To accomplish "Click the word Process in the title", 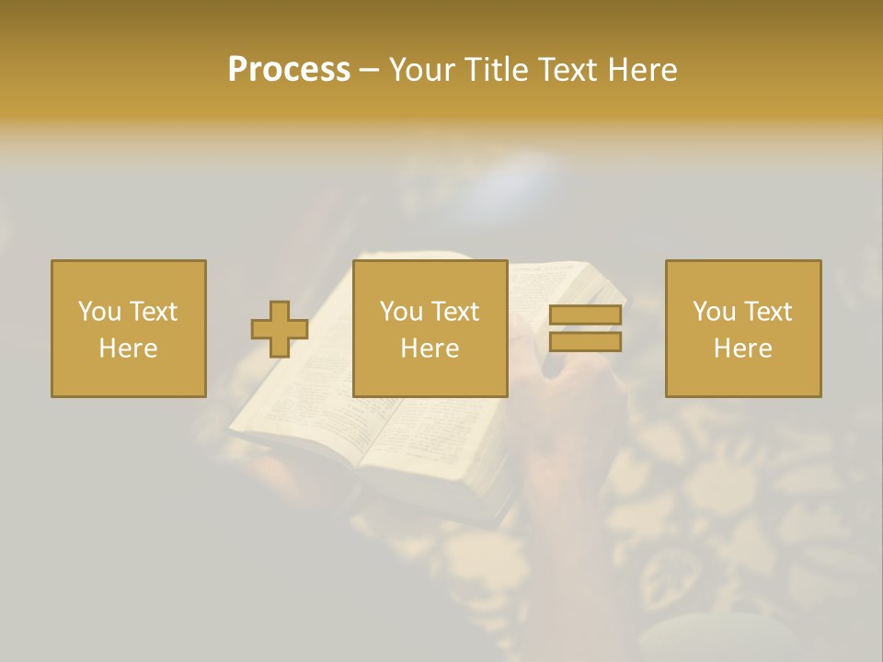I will tap(289, 70).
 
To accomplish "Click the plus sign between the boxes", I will tap(280, 329).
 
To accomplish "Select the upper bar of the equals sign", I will tap(585, 315).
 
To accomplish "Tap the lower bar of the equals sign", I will tap(585, 342).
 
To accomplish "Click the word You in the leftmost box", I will tap(99, 312).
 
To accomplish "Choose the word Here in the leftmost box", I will tap(128, 348).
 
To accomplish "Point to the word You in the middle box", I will tap(401, 312).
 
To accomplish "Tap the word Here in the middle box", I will tap(430, 348).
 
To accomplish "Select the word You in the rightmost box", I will tap(714, 312).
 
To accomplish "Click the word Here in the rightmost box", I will tap(742, 348).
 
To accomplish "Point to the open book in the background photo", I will tap(368, 432).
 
